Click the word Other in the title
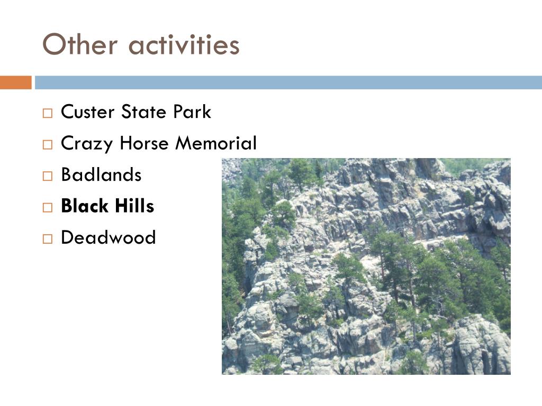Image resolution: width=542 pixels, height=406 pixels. [x=80, y=44]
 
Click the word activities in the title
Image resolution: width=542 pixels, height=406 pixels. [x=184, y=45]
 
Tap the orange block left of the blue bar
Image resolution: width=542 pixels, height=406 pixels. [x=15, y=82]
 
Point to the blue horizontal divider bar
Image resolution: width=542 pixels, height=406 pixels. [x=288, y=82]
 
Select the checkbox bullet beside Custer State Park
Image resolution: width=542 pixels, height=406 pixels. [x=48, y=113]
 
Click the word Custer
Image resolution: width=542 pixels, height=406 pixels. [x=88, y=112]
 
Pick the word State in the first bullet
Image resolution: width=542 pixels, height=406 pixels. [x=143, y=112]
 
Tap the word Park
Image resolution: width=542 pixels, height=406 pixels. [x=192, y=112]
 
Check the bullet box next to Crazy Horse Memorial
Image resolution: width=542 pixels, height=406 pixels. [x=48, y=144]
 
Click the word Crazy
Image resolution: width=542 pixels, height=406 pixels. [x=87, y=144]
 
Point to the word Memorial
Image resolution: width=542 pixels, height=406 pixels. [x=216, y=143]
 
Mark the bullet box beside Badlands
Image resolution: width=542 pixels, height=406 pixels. [x=48, y=176]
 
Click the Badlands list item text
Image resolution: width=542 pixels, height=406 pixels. [x=101, y=174]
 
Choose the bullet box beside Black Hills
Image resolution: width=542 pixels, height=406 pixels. [x=48, y=207]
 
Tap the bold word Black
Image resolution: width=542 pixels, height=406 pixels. [x=85, y=206]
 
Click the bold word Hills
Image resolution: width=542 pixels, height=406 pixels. [x=134, y=206]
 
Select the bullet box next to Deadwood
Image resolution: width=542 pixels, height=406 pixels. [x=48, y=239]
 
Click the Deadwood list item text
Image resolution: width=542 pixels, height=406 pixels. [x=109, y=237]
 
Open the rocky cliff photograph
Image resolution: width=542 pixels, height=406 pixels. [x=366, y=266]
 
